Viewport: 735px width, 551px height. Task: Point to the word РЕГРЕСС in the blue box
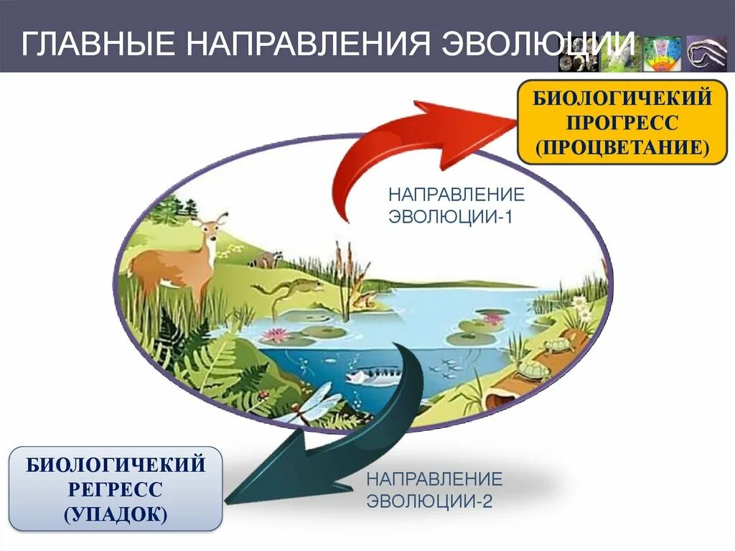(116, 490)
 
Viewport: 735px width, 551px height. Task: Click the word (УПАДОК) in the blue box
(116, 514)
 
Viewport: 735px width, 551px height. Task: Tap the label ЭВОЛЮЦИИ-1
(450, 216)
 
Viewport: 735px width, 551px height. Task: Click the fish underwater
(373, 376)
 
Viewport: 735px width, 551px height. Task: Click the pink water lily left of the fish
(276, 335)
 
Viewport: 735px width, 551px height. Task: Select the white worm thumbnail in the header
(706, 53)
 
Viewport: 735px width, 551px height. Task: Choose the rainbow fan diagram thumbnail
(661, 55)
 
